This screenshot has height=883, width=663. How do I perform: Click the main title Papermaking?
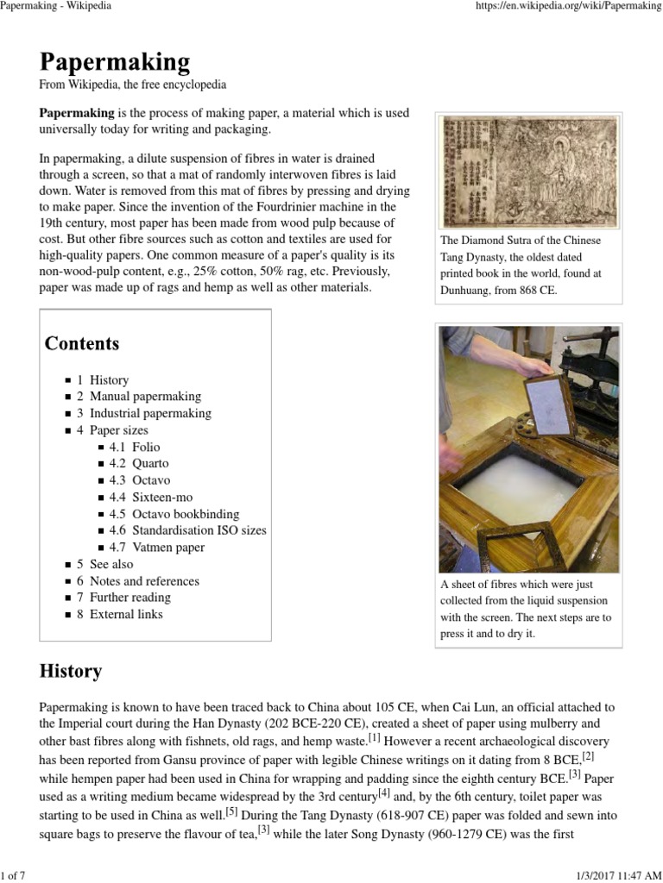114,62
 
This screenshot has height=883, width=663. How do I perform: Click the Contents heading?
82,343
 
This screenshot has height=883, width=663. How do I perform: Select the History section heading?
71,671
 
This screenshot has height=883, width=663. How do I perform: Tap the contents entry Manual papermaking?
145,397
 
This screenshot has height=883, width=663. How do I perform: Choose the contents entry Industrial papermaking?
150,413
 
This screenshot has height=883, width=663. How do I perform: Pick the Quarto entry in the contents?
150,463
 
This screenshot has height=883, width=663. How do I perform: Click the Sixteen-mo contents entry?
162,497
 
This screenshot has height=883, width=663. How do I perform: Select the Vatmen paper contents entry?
168,547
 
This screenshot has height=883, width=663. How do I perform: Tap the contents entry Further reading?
130,597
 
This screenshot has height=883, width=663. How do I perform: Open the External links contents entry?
126,614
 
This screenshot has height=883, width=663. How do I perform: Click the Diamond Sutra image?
530,172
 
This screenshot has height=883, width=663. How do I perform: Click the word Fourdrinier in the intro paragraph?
281,207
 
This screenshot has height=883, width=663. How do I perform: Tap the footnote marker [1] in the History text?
374,737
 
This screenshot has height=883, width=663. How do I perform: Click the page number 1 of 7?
13,876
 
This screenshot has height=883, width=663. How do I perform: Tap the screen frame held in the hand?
549,404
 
